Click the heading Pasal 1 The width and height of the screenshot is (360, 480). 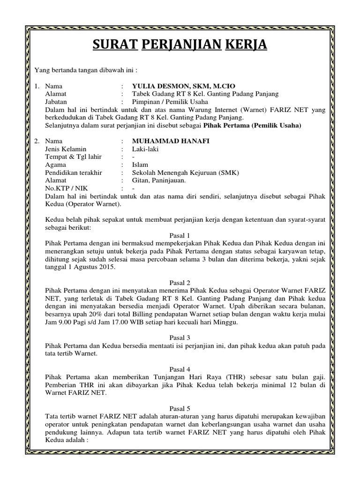pos(180,235)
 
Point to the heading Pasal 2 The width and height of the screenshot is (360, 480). pos(180,283)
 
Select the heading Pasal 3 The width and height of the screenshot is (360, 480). pos(180,337)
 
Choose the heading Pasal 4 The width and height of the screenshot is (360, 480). pos(180,369)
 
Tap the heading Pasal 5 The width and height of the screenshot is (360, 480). pos(180,408)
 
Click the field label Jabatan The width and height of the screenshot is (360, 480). pos(56,101)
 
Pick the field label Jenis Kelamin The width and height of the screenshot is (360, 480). pos(66,149)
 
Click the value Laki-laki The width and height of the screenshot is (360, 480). pos(146,149)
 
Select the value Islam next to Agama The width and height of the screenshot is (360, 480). pos(140,165)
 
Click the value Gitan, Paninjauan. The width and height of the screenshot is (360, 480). pos(159,180)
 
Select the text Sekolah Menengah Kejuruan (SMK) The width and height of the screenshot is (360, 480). pos(186,172)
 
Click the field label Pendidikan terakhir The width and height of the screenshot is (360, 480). pos(74,172)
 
